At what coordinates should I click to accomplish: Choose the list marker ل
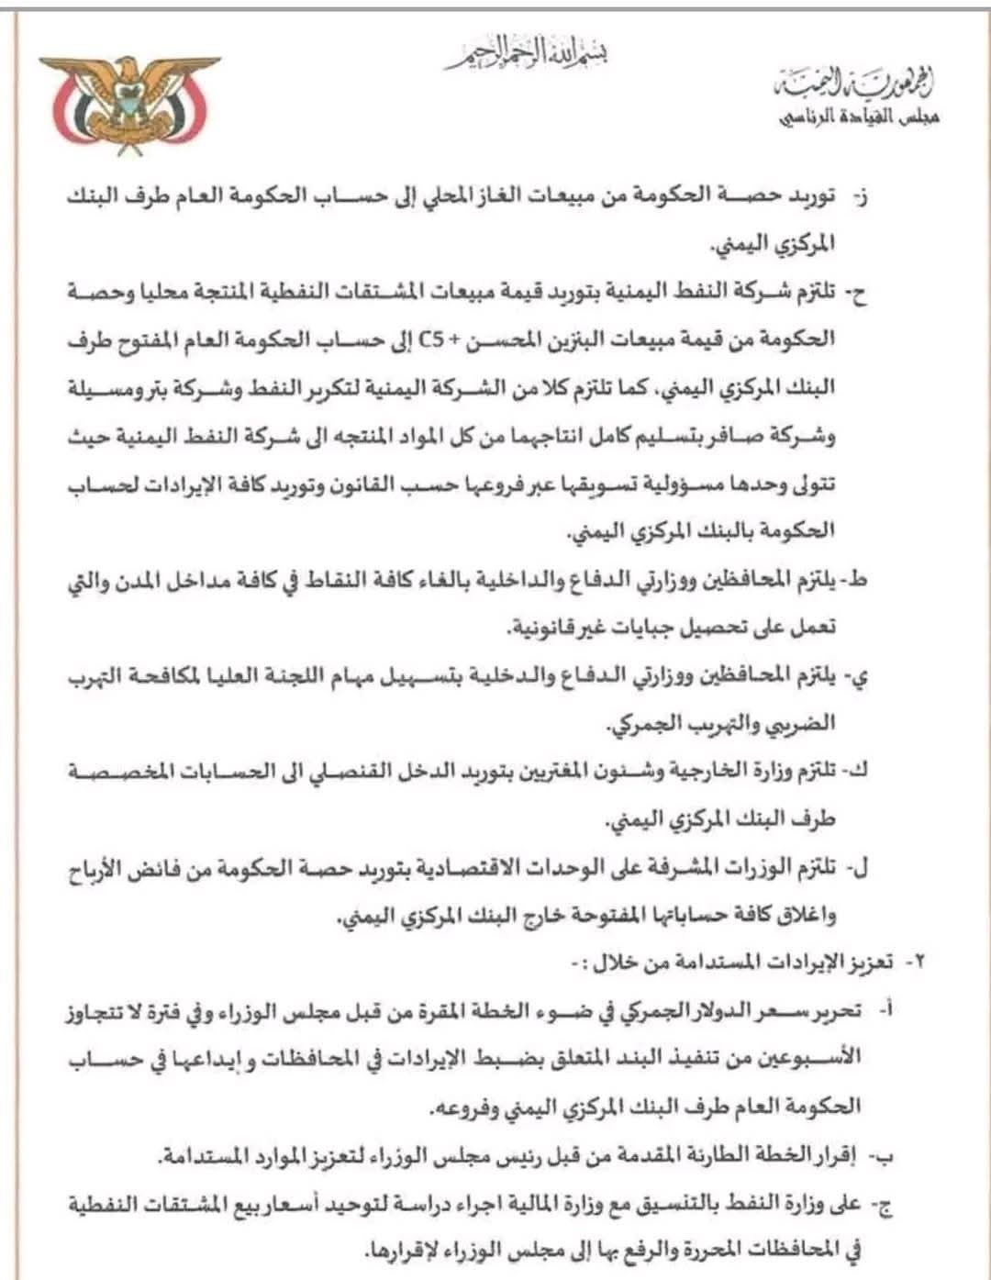861,867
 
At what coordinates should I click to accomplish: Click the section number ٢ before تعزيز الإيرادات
914,963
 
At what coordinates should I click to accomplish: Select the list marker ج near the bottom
885,1202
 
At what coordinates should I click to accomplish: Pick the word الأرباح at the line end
103,867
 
